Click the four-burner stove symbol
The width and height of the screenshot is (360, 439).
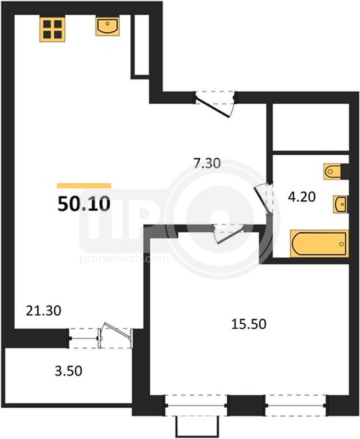(52, 30)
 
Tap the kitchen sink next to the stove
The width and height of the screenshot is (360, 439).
(107, 26)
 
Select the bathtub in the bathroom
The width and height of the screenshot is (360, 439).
(319, 243)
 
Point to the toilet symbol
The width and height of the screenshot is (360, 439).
(333, 171)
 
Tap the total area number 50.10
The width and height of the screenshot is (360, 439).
(84, 204)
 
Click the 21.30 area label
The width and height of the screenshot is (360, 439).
(43, 311)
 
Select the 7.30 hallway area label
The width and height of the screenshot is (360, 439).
(207, 163)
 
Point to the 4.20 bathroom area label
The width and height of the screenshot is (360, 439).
(302, 196)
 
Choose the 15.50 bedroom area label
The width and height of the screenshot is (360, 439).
(249, 324)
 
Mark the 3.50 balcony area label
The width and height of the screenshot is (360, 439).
(68, 371)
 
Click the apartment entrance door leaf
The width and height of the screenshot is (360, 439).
(213, 107)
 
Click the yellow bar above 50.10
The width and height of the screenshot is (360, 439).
(84, 185)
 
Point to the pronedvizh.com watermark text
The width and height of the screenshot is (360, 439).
(124, 258)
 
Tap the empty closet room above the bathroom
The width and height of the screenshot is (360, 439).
(311, 127)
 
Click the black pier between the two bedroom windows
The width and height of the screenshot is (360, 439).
(246, 405)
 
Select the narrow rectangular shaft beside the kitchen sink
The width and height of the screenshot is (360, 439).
(142, 45)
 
